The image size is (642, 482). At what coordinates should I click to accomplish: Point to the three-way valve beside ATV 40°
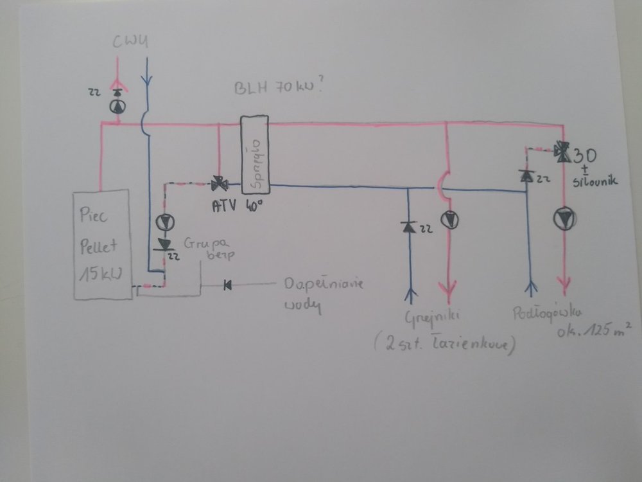point(219,184)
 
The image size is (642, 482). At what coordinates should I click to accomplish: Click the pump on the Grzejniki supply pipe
point(449,220)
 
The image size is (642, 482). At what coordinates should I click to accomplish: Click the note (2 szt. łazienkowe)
point(443,344)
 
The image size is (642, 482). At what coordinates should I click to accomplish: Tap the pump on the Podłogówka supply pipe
point(564,219)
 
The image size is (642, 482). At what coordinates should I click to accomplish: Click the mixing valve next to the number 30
point(563,152)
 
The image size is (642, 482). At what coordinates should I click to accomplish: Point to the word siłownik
point(596,183)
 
